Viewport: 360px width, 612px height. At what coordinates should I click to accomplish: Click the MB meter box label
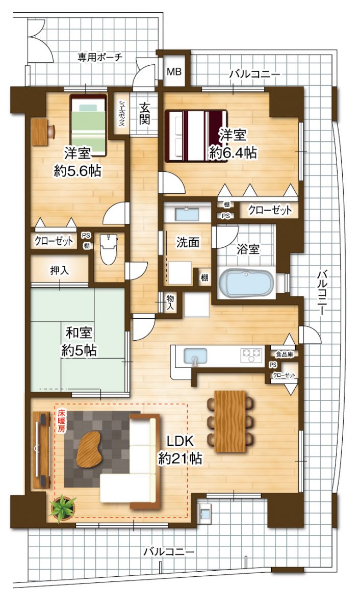174,72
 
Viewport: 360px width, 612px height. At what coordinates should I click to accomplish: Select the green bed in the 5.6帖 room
88,124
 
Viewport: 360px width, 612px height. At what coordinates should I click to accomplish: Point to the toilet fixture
109,248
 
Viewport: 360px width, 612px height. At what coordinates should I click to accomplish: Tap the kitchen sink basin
195,355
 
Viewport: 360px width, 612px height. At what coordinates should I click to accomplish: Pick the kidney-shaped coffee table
90,448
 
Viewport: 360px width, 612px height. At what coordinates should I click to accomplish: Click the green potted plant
63,508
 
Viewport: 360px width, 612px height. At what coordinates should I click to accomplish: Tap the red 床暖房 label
61,421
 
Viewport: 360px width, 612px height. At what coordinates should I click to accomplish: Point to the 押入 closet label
59,270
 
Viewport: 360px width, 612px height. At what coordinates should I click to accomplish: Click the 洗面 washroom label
188,243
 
